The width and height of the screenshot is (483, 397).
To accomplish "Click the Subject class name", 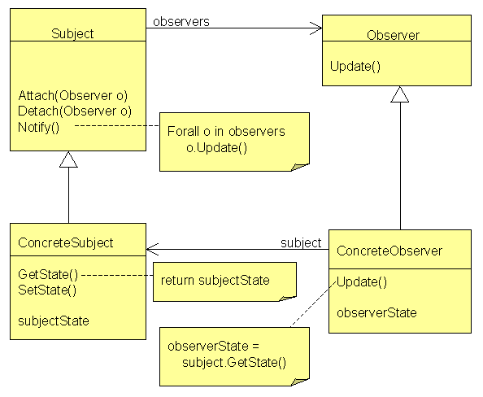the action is (x=72, y=33).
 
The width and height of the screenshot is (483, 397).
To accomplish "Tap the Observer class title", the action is (x=393, y=35).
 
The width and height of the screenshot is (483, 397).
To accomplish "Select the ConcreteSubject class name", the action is (x=66, y=243).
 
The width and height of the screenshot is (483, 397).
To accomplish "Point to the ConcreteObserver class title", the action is (x=389, y=251).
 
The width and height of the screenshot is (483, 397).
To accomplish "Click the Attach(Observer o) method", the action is (x=73, y=95).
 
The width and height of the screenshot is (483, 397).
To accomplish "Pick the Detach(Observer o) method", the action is (x=75, y=111).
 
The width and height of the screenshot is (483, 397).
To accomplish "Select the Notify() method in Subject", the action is (x=38, y=127).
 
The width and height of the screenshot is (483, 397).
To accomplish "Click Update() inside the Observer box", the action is (x=355, y=67).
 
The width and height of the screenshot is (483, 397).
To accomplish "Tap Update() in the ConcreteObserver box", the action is (x=362, y=282).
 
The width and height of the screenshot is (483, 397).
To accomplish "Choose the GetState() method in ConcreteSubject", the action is (x=48, y=275).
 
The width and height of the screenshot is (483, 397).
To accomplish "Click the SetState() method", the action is (x=47, y=290).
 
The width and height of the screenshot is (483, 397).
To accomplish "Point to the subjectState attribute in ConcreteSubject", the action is (x=54, y=321).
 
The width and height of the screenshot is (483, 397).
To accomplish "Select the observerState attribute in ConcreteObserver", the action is (x=376, y=313).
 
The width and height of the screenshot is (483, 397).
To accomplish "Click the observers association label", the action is (x=181, y=22).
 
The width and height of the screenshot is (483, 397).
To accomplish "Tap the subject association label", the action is (x=301, y=243).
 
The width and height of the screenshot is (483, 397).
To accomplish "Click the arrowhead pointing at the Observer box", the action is (x=316, y=28).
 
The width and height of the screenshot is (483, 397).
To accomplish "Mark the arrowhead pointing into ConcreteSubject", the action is (x=152, y=250).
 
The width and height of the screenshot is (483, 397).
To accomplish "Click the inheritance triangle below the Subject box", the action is (x=68, y=159).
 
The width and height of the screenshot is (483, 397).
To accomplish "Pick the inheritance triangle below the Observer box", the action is (x=400, y=94).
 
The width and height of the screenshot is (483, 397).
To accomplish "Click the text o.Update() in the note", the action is (x=216, y=148).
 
